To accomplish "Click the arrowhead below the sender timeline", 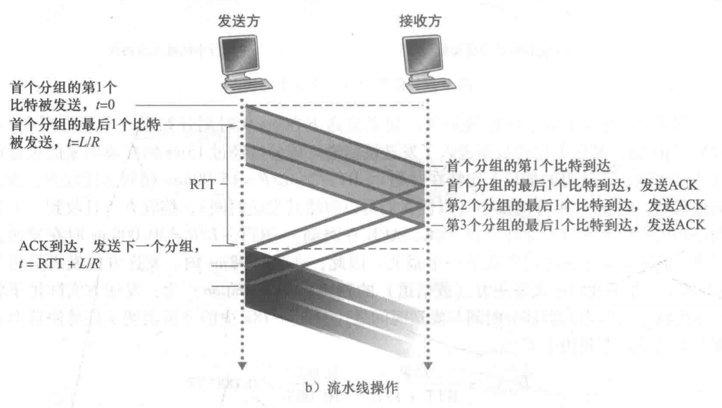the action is coord(242,366).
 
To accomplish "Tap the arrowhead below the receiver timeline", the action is coord(427,366).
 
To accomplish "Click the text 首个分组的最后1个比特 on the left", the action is coord(85,126).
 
